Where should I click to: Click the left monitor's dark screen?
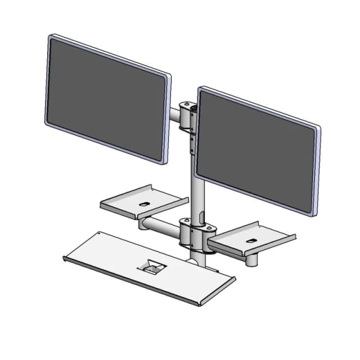(107, 98)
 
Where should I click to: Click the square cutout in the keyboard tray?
(153, 265)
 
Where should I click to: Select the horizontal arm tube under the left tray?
(160, 224)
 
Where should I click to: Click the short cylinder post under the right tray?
(252, 260)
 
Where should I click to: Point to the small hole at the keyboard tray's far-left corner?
(99, 232)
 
